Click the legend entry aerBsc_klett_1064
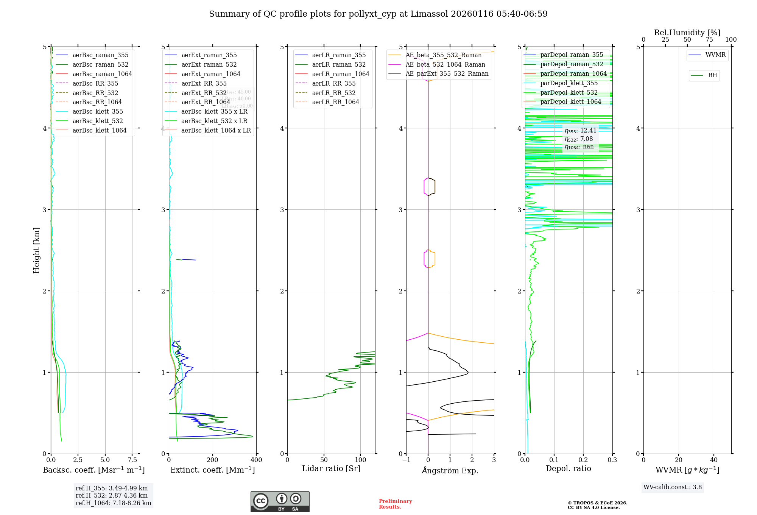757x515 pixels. click(x=99, y=130)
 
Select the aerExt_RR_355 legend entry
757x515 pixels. click(x=204, y=83)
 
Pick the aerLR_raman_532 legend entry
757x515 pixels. click(x=339, y=64)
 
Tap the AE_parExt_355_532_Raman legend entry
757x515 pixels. click(x=447, y=73)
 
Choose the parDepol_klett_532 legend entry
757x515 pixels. click(x=569, y=92)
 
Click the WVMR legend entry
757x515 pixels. click(x=715, y=55)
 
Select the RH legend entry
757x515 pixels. click(x=712, y=75)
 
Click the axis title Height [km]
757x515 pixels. click(x=36, y=250)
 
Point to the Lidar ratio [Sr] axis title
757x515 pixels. click(x=331, y=468)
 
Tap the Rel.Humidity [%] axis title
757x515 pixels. click(x=687, y=33)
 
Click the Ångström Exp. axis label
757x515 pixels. click(x=450, y=470)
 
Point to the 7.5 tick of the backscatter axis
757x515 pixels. click(x=132, y=460)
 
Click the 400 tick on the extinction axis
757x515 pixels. click(x=256, y=460)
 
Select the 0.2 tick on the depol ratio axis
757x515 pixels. click(x=583, y=460)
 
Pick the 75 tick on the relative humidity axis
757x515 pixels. click(x=709, y=40)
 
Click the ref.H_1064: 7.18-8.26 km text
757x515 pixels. click(x=113, y=503)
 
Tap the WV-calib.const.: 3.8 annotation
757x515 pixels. click(x=673, y=487)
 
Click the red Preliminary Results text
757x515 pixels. click(x=395, y=504)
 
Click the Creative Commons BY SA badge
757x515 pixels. click(x=280, y=501)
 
